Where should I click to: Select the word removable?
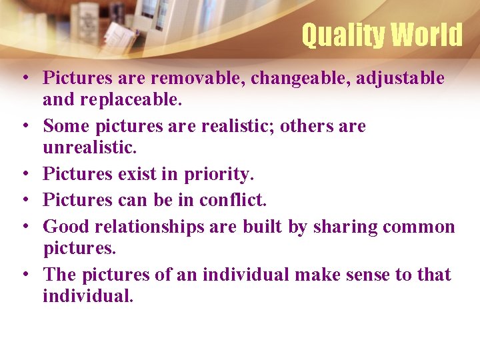pyautogui.click(x=197, y=78)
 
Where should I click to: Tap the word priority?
pyautogui.click(x=219, y=175)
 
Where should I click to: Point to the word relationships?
pyautogui.click(x=150, y=227)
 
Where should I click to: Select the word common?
pyautogui.click(x=419, y=227)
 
